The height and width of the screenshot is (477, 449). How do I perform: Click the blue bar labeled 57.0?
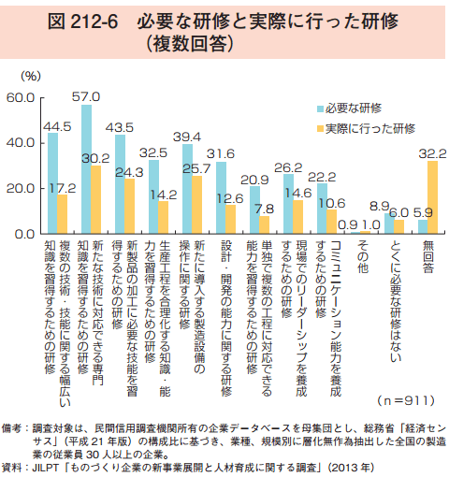86,169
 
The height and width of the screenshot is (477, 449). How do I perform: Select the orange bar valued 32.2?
432,197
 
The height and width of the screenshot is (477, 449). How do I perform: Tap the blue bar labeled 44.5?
52,183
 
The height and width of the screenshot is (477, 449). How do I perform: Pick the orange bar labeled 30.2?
95,199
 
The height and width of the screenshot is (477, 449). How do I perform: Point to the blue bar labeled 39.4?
187,189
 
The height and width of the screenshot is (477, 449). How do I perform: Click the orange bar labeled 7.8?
264,224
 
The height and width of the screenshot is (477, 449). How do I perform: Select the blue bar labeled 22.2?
322,209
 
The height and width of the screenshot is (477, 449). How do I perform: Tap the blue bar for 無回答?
423,226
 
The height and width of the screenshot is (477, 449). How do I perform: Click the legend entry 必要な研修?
349,108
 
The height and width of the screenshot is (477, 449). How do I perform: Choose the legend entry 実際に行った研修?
366,128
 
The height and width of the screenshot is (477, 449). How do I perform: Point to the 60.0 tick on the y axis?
21,98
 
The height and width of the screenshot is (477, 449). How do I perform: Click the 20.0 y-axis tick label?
21,189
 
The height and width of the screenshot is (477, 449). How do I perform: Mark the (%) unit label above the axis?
31,76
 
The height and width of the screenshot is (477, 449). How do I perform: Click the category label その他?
363,256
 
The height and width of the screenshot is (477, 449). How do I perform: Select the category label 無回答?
428,256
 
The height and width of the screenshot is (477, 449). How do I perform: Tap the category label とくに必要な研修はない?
396,301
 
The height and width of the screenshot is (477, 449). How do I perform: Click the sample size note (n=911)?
406,400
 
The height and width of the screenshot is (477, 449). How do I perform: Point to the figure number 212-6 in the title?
94,22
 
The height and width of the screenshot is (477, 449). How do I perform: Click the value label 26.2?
288,167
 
